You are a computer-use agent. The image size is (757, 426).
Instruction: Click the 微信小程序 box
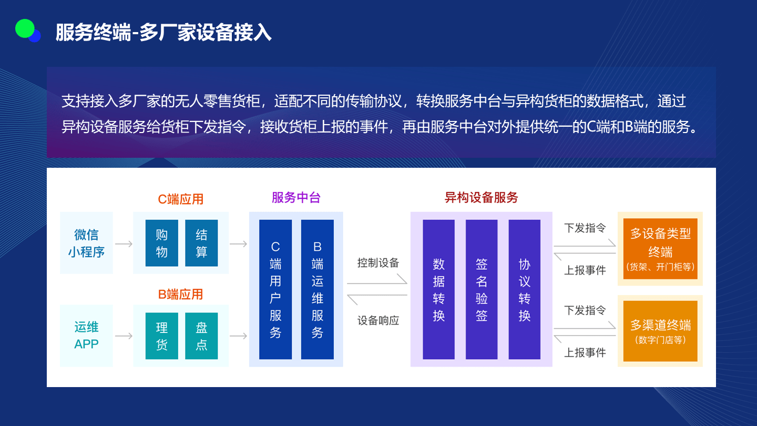coord(86,243)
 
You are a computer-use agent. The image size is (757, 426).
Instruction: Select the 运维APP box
coord(86,336)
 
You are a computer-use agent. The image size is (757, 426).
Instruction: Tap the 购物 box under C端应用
coord(161,243)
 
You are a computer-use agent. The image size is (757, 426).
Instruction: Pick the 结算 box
coord(201,243)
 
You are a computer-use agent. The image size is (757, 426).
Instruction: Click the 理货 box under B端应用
coord(161,336)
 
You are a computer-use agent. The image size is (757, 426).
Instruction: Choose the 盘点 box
coord(201,336)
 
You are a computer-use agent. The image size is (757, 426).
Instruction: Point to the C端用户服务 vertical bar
coord(275,289)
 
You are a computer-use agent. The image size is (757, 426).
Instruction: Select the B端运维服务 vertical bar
coord(317,289)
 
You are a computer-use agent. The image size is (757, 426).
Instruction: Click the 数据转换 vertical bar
coord(438,289)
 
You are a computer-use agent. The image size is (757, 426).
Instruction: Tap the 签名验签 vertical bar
coord(482,289)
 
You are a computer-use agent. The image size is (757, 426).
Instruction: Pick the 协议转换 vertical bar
coord(524,289)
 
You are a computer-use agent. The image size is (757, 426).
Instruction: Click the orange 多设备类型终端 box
coord(660,249)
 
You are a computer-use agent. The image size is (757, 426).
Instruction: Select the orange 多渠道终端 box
coord(660,331)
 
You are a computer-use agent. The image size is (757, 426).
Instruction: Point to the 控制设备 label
coord(378,263)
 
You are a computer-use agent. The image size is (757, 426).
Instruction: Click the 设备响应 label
coord(378,320)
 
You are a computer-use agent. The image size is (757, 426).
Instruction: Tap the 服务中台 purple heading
coord(296,198)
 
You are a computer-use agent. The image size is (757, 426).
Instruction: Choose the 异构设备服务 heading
coord(481,198)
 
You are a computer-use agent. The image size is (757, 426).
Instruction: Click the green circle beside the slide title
coord(24,28)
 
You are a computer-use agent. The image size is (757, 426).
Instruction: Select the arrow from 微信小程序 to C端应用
coord(124,244)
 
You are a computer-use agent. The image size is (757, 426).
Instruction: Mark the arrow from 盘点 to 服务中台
coord(239,336)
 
